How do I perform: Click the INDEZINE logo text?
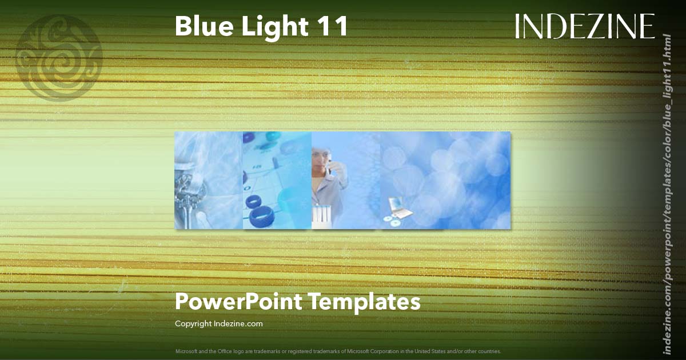584,26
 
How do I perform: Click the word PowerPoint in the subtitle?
238,302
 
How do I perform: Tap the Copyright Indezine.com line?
218,323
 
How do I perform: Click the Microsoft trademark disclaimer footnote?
338,351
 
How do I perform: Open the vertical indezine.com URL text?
666,193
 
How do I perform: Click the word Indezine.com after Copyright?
238,323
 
